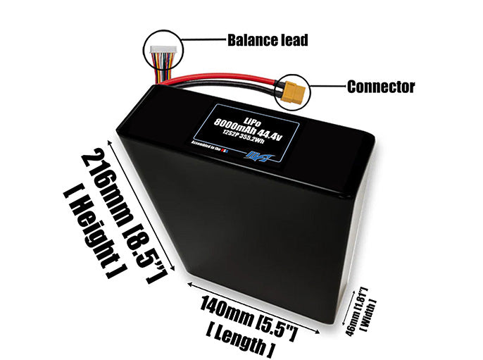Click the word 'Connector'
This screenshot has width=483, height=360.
pyautogui.click(x=381, y=87)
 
